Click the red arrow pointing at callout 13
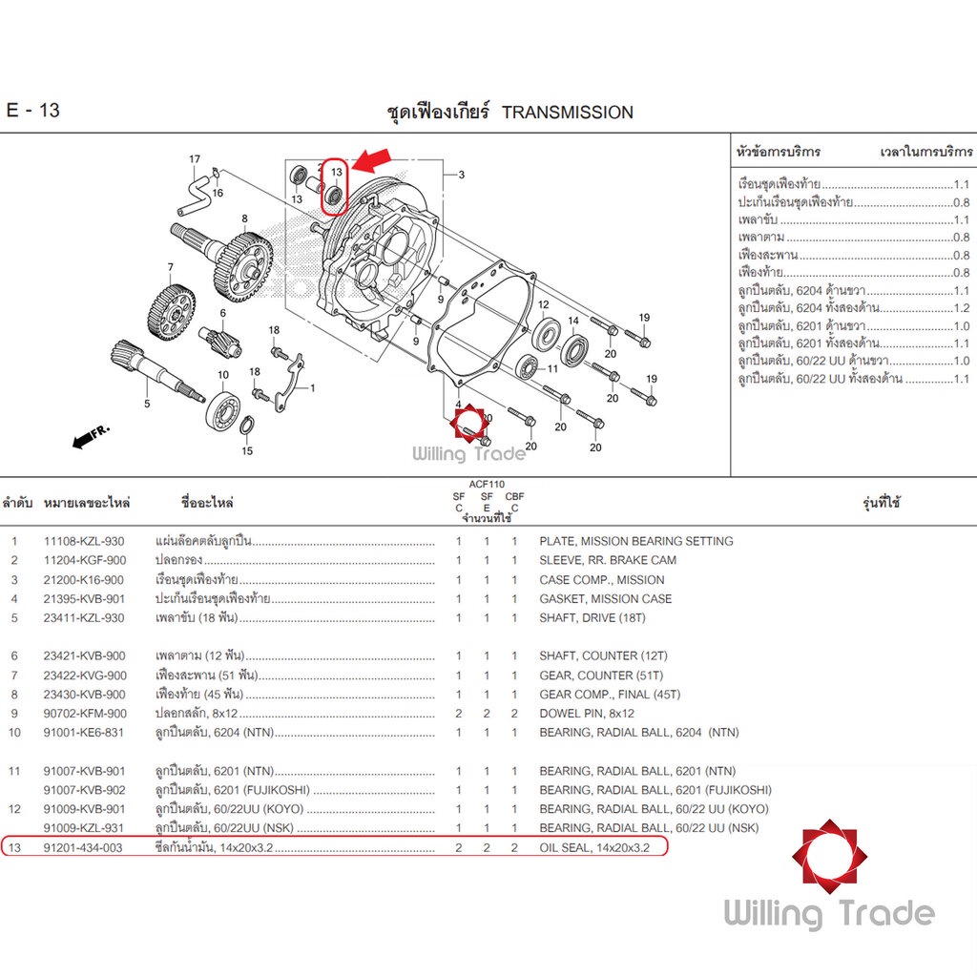pos(373,159)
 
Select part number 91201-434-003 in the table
pos(83,847)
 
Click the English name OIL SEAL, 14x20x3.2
pos(594,847)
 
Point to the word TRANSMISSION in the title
pos(568,113)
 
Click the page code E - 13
pos(33,111)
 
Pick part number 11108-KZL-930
pos(84,542)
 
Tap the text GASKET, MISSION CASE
pos(606,599)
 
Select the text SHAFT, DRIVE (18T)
pos(592,618)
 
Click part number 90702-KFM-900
pos(85,714)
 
